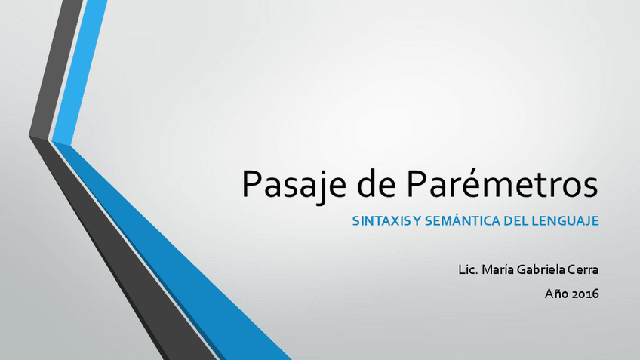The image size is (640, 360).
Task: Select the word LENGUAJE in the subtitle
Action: [569, 222]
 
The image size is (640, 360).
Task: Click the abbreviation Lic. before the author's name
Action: [469, 269]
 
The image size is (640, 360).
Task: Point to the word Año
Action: [557, 294]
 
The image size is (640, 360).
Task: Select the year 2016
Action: [586, 294]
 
